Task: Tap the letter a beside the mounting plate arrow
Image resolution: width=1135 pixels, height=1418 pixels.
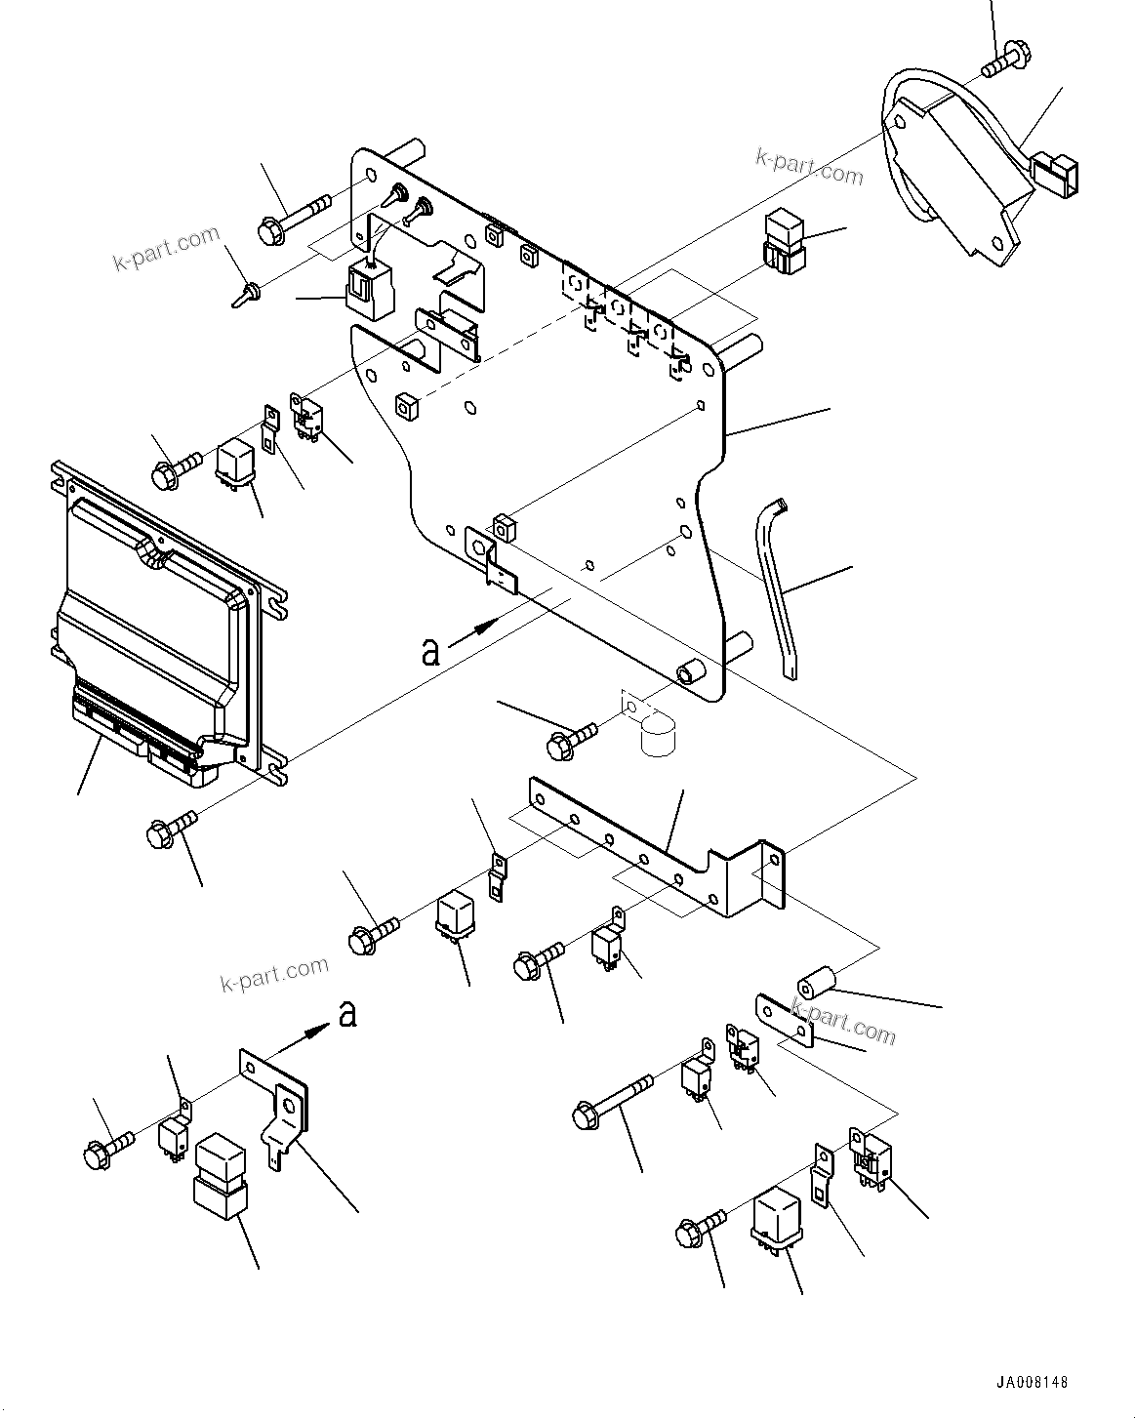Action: pos(430,650)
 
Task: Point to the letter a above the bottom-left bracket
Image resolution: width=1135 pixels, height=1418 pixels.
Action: pos(346,1015)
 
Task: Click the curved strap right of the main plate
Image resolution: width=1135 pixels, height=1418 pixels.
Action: pos(777,586)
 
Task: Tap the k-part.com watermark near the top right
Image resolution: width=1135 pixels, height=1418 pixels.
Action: pos(809,168)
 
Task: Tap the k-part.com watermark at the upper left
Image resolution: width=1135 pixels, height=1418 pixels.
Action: pos(167,250)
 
